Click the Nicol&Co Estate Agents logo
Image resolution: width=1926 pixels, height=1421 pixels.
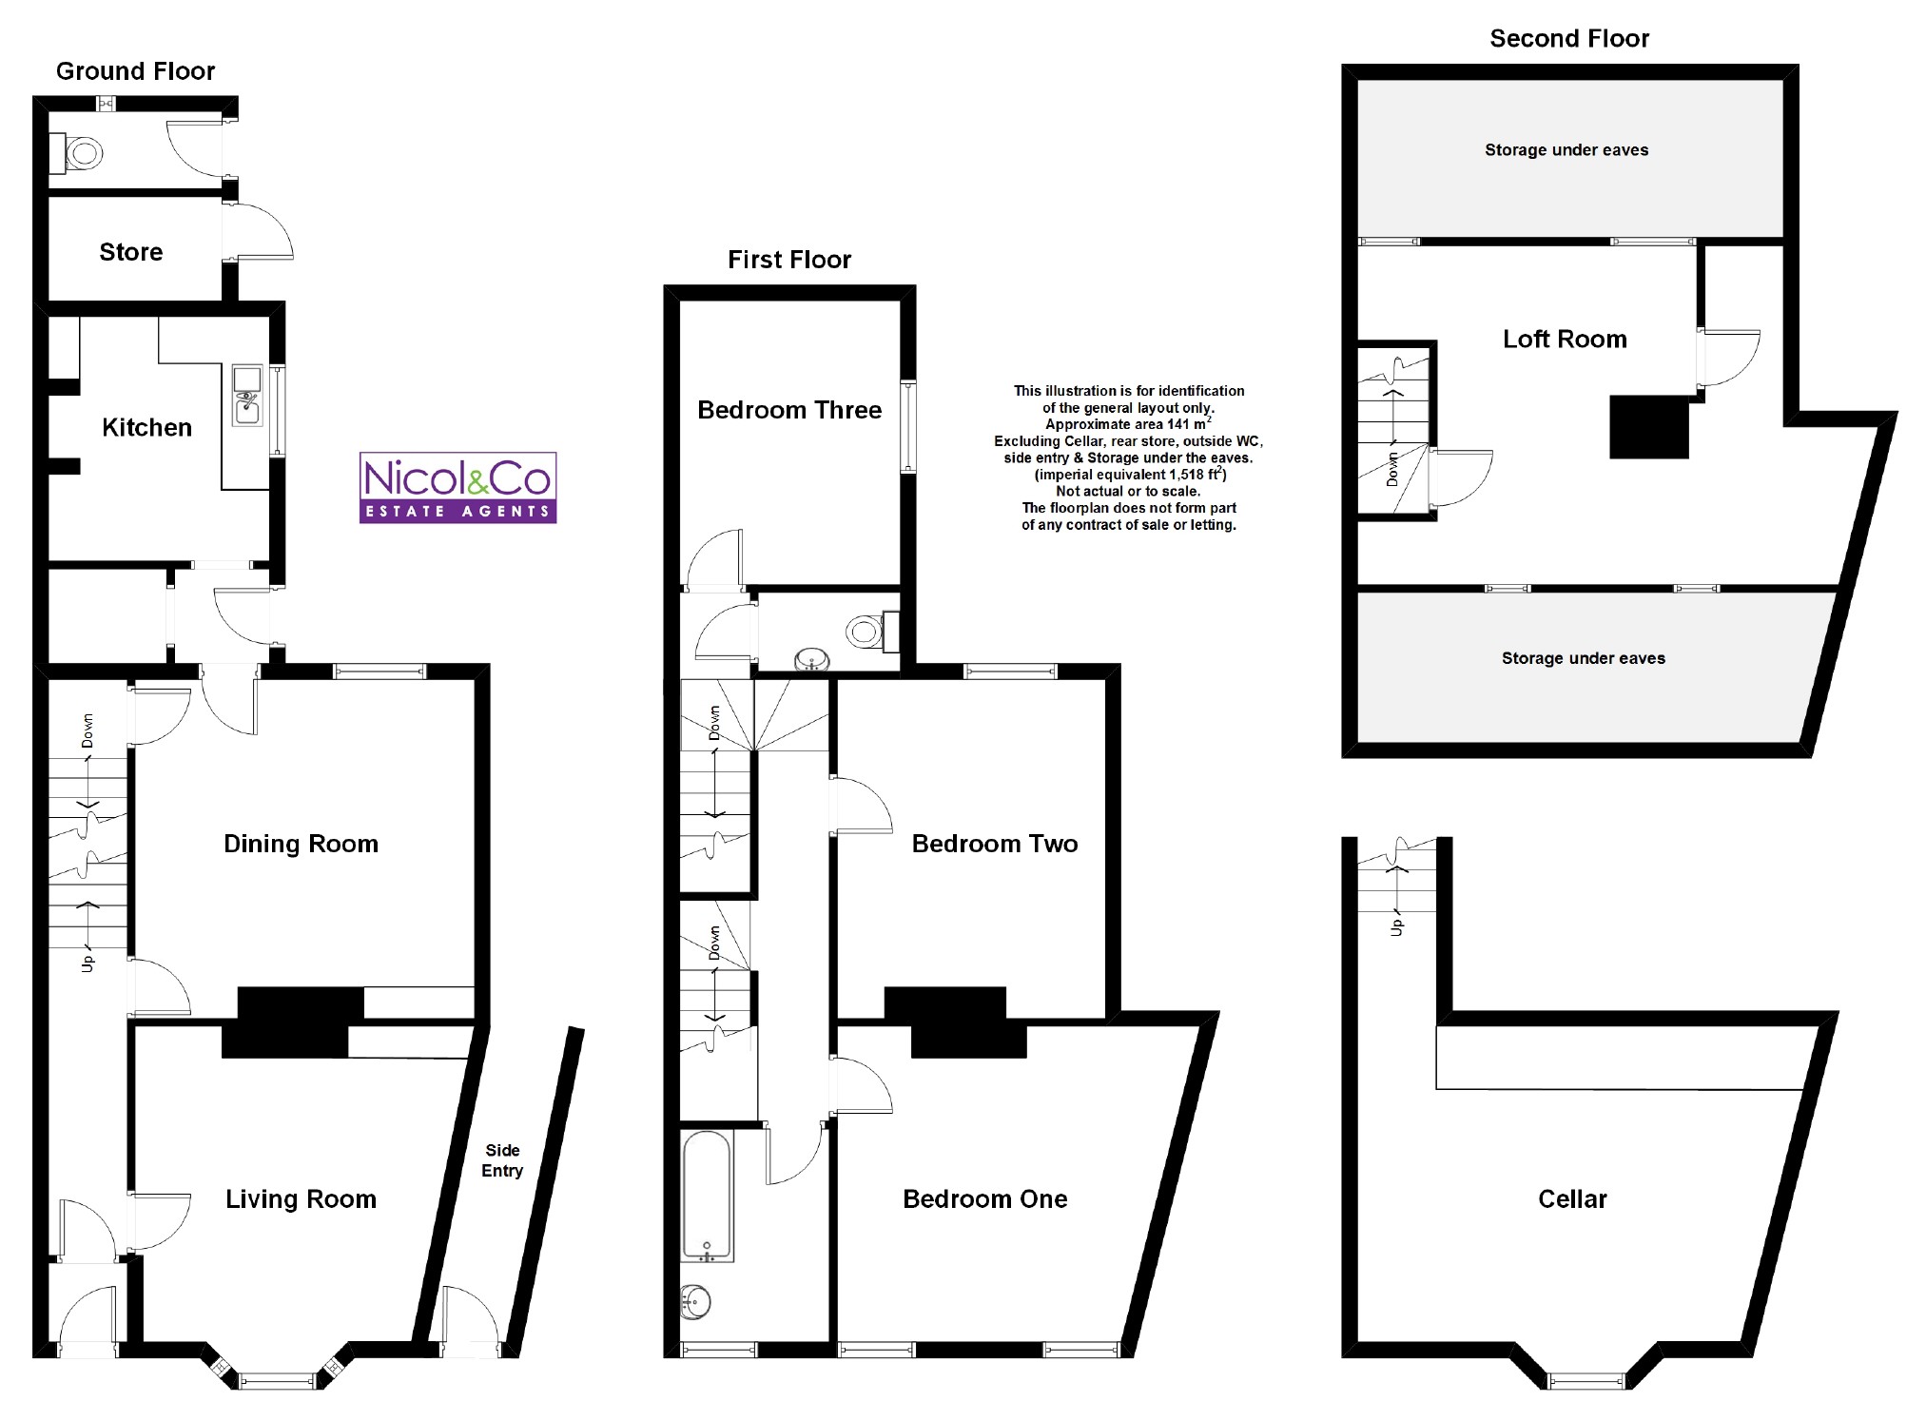point(457,487)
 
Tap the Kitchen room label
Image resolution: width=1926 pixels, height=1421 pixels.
point(146,428)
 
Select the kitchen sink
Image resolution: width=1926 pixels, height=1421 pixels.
point(247,395)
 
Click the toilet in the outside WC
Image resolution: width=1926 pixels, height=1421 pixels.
point(82,152)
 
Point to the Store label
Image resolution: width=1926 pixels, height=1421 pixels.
point(131,252)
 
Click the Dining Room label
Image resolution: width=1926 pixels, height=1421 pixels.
point(301,844)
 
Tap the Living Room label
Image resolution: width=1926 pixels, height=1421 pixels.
point(301,1199)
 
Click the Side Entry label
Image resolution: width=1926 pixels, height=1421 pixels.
point(502,1160)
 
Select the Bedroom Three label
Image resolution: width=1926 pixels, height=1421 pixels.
point(789,410)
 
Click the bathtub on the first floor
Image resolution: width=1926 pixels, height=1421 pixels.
point(707,1196)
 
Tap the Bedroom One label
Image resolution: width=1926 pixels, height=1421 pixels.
point(985,1199)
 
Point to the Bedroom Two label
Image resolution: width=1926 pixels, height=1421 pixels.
point(995,844)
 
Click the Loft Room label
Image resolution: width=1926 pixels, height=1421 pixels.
point(1565,340)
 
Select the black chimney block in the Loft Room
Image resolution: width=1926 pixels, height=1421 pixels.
point(1649,427)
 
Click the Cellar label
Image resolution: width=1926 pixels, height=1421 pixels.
point(1572,1199)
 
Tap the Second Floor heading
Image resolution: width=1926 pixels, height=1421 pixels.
point(1569,39)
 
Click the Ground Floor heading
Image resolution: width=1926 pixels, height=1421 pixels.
point(136,71)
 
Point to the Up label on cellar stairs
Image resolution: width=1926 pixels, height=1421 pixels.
point(1397,925)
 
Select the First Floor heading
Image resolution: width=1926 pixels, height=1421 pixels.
point(789,260)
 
